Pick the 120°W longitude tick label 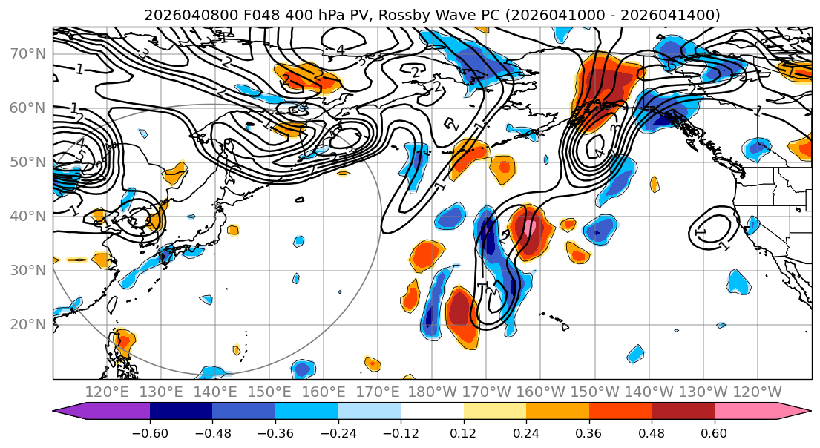(x=757, y=391)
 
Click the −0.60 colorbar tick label (x=150, y=432)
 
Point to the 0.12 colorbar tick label (x=464, y=432)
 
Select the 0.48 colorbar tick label (x=652, y=432)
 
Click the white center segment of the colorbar (x=432, y=412)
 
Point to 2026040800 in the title (x=180, y=15)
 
